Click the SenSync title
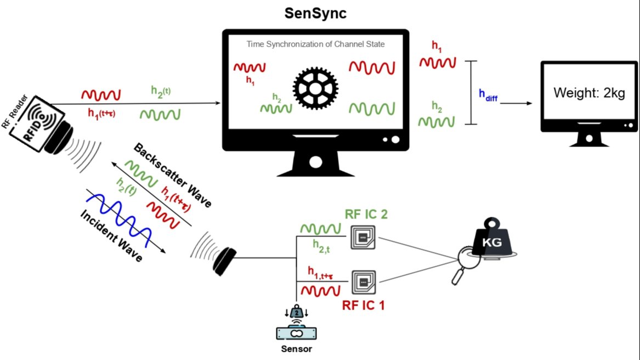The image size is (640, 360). [315, 13]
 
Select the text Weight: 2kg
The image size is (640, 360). [589, 93]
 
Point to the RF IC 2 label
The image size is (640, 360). [366, 214]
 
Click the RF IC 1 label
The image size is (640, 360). [364, 305]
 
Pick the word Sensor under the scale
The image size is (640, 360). [297, 348]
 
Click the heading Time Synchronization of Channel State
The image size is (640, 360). [315, 44]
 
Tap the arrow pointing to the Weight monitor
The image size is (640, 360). [518, 103]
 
